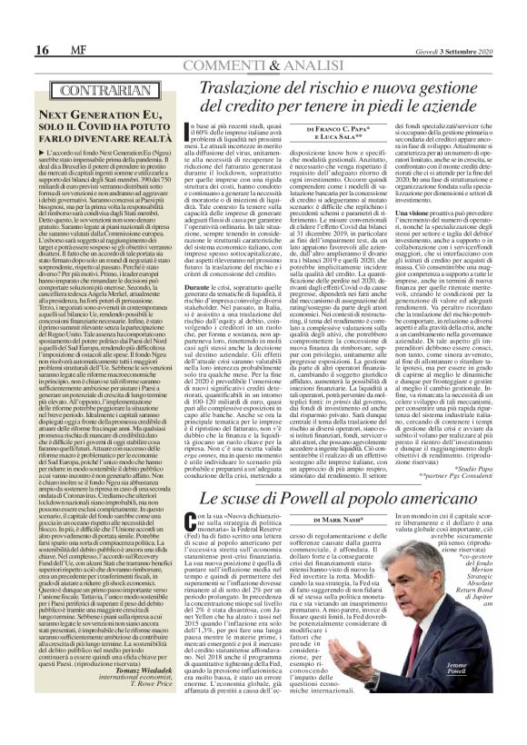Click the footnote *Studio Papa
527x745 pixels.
[x=488, y=489]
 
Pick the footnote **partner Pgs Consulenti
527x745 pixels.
[x=472, y=497]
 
